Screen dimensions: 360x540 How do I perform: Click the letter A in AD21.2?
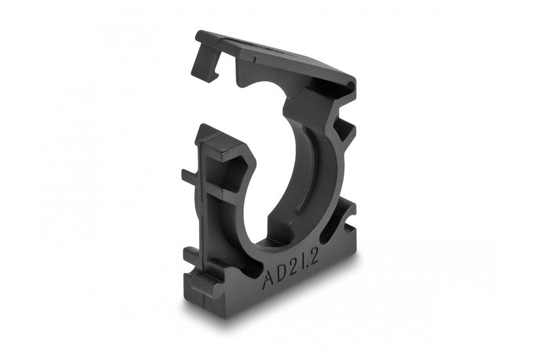(268, 280)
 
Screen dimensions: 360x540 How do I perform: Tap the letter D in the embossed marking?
(279, 276)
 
